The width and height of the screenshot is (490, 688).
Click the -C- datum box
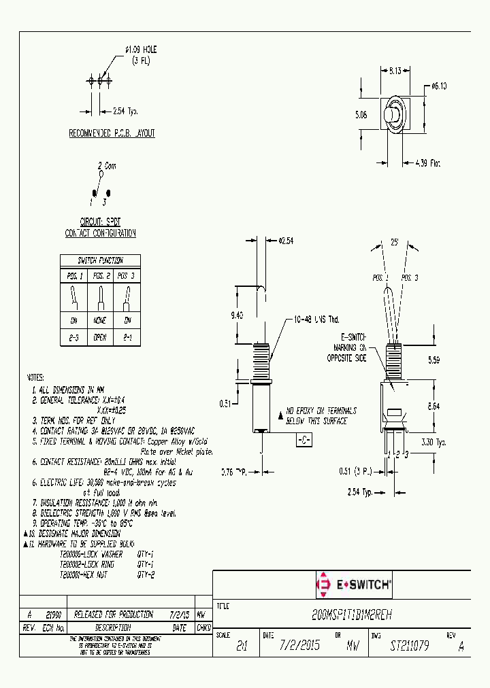[303, 441]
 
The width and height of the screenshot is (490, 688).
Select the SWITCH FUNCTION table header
[100, 260]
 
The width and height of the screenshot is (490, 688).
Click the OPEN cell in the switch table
[100, 336]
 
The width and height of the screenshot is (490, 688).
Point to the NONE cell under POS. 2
[100, 320]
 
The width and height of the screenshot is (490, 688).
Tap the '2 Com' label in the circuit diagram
[107, 165]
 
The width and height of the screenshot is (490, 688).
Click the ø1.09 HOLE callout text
[141, 54]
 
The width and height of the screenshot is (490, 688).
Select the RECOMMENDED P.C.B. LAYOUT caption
[112, 134]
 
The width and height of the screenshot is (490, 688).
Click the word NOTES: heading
[35, 377]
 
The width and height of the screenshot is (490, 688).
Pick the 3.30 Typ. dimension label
[433, 442]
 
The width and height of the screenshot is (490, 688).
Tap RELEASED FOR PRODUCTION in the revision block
[113, 614]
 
